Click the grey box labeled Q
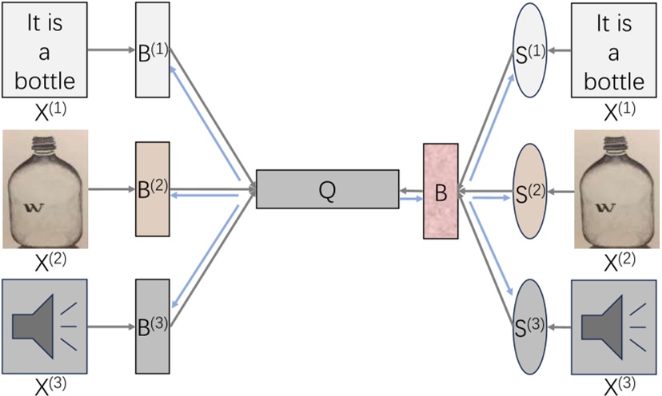(327, 189)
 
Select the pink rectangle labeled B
(441, 191)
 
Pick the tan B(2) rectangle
(152, 189)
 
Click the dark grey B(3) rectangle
(152, 325)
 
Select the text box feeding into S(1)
(613, 49)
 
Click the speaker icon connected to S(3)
(614, 326)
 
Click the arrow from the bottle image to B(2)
(112, 190)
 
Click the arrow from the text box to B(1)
(112, 49)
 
